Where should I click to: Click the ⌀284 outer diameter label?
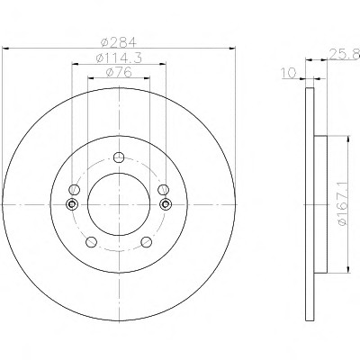pyautogui.click(x=119, y=42)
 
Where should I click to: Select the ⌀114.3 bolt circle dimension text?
pyautogui.click(x=119, y=58)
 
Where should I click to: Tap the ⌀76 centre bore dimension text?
pyautogui.click(x=119, y=72)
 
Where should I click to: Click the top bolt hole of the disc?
pyautogui.click(x=119, y=157)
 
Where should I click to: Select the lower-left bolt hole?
pyautogui.click(x=91, y=242)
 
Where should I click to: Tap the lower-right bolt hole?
pyautogui.click(x=147, y=242)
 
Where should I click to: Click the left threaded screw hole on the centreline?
pyautogui.click(x=72, y=204)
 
